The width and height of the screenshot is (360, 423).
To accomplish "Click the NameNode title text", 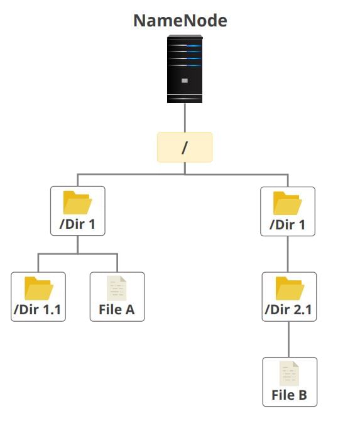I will [x=180, y=20].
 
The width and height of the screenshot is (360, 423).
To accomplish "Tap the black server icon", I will [x=185, y=69].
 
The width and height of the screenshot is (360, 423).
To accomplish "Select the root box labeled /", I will [x=185, y=147].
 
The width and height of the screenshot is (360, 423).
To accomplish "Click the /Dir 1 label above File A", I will [x=78, y=224].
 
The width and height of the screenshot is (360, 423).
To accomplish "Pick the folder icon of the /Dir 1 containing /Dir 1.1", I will [x=78, y=202].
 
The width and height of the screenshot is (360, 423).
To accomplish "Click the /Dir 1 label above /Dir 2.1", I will [x=288, y=224].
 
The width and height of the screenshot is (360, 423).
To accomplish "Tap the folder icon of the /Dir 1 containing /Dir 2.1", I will [x=288, y=202].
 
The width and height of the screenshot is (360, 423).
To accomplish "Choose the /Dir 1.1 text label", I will [x=38, y=309].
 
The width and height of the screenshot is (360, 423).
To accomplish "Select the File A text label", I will [x=117, y=309].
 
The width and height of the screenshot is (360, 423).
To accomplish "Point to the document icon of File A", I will [x=117, y=288].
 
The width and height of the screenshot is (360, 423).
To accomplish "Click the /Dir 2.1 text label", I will [x=289, y=309].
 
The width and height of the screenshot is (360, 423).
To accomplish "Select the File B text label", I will [x=289, y=395].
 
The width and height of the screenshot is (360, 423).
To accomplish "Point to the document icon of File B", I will [x=289, y=373].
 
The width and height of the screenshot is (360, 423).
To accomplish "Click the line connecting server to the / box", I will [x=185, y=118].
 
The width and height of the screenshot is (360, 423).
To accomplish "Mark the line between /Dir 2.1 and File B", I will [x=289, y=339].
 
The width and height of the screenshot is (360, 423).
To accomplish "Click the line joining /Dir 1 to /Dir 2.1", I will [x=288, y=254].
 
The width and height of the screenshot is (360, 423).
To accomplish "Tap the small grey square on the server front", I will [x=185, y=81].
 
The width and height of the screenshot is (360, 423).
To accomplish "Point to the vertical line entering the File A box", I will [x=117, y=263].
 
